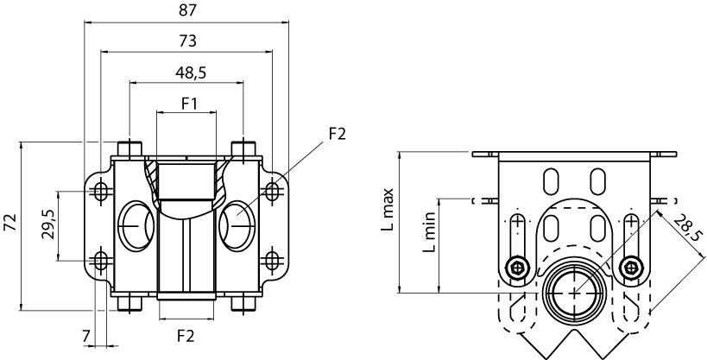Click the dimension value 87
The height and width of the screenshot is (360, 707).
[x=187, y=10]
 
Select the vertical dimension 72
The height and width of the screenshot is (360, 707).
[x=9, y=224]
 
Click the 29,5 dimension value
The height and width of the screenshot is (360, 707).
[x=49, y=224]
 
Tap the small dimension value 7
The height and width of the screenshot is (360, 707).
[x=85, y=335]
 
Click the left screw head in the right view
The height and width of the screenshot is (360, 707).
[x=517, y=268]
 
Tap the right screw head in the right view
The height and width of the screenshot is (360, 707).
[x=632, y=268]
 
